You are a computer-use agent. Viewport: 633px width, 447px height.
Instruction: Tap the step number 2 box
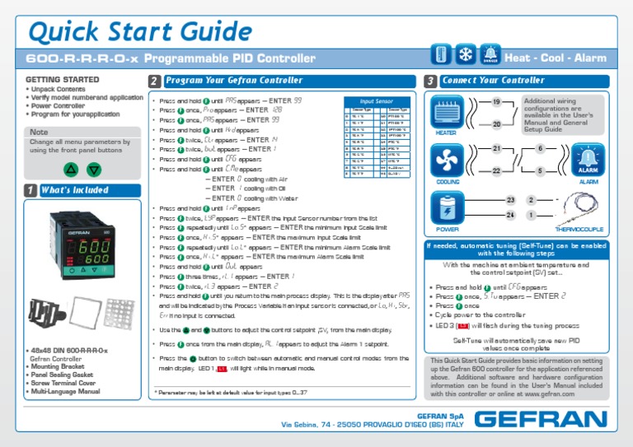tap(154, 81)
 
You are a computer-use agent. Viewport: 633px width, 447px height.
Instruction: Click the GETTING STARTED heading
tap(58, 80)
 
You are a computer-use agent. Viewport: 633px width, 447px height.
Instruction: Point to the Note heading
tap(39, 132)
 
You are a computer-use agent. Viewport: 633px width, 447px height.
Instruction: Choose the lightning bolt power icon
tap(446, 207)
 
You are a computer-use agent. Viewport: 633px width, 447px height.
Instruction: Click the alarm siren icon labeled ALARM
tap(588, 158)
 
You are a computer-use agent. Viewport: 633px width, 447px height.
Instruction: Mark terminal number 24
tap(510, 215)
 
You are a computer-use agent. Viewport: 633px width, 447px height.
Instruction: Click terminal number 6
tap(539, 149)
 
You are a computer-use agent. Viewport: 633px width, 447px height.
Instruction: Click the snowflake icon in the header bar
tap(466, 57)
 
